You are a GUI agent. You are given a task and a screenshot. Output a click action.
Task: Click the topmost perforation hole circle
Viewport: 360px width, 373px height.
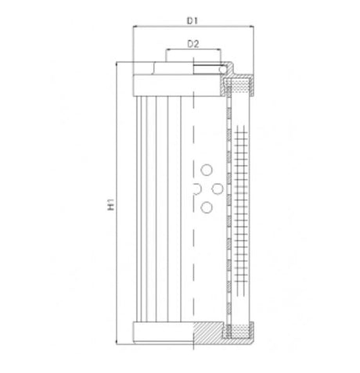click(207, 170)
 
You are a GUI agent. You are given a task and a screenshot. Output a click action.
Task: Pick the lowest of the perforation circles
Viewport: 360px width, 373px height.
click(207, 206)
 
